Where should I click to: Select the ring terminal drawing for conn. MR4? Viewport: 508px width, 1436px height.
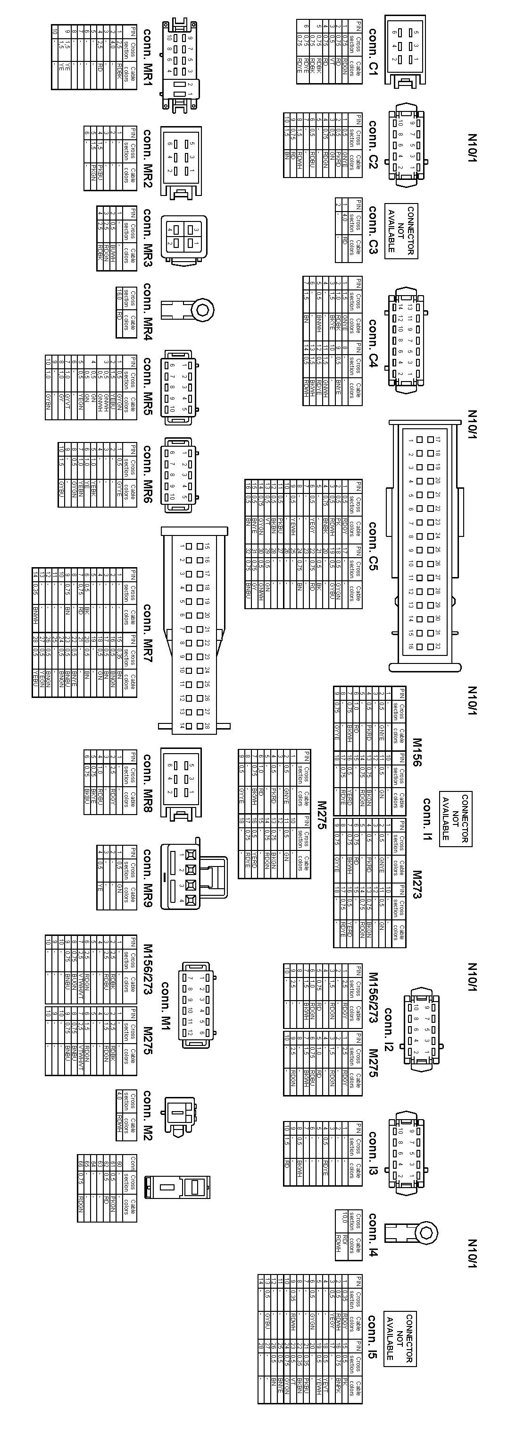(x=188, y=309)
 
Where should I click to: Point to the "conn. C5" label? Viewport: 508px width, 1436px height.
(x=373, y=546)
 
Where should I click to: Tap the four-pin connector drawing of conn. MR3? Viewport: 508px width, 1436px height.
(x=182, y=237)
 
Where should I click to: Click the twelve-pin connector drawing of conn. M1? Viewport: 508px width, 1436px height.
(x=194, y=1004)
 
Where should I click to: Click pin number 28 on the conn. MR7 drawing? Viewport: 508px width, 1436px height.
(x=207, y=726)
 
